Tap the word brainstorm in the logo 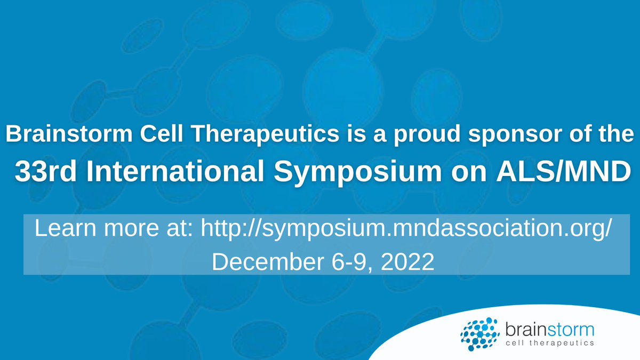click(548, 326)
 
